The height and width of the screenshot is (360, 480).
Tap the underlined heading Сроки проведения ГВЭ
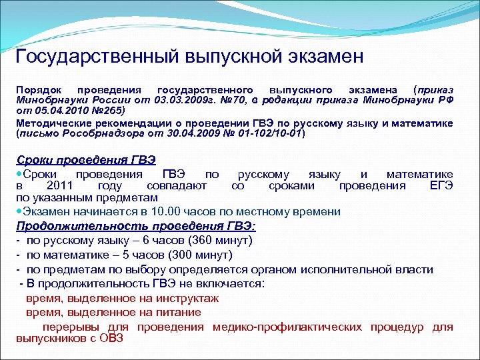click(x=85, y=159)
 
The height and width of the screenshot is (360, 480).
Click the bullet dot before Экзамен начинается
click(x=19, y=211)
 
